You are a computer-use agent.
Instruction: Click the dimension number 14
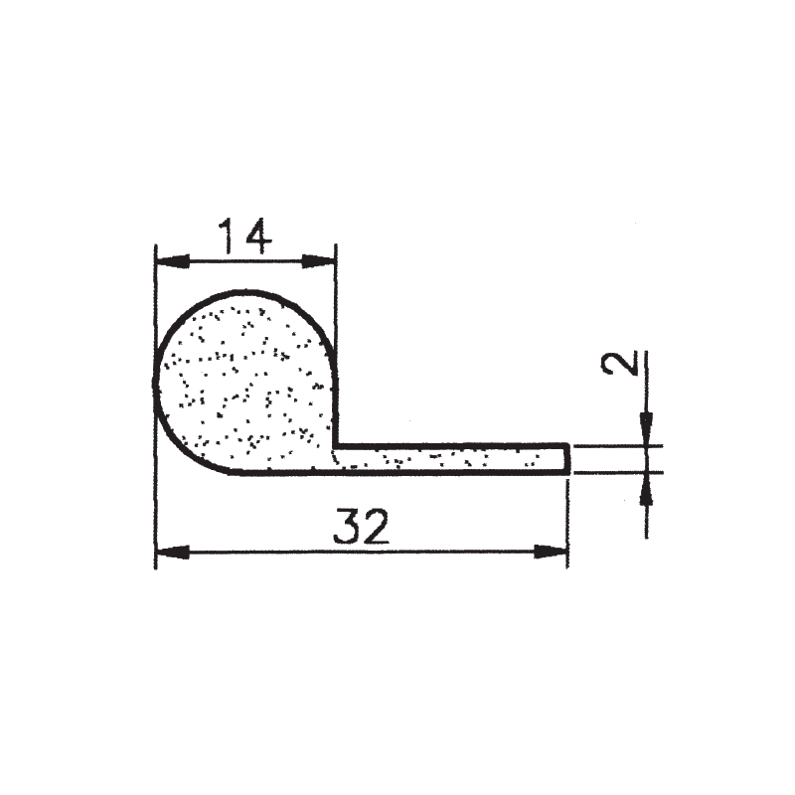[244, 238]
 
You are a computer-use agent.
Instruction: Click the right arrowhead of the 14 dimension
[319, 261]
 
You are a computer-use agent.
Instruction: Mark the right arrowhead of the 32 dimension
[551, 552]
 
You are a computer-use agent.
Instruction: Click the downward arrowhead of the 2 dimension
[646, 429]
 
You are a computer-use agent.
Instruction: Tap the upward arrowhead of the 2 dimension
[646, 487]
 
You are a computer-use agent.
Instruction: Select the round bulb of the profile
[243, 383]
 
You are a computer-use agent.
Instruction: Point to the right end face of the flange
[567, 459]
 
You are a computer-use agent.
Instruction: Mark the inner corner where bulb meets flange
[336, 446]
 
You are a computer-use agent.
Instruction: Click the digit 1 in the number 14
[227, 238]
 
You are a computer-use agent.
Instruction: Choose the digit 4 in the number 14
[257, 238]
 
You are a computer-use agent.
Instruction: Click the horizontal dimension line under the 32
[447, 552]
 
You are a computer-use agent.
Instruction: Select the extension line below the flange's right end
[567, 522]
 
